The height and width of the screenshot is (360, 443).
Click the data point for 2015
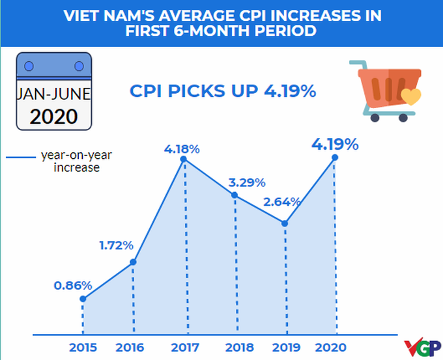point(83,299)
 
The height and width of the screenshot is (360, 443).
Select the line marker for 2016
point(133,262)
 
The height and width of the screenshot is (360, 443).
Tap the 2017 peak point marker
point(183,159)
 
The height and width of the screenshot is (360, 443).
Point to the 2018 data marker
point(235,195)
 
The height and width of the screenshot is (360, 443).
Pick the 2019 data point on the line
point(285,223)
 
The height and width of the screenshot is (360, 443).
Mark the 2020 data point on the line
point(335,157)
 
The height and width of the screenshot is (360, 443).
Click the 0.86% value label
point(74,284)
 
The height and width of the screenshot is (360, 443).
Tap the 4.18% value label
point(182,148)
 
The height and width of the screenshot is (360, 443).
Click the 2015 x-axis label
point(83,347)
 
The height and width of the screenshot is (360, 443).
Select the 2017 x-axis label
point(184,347)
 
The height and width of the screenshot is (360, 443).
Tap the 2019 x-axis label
point(285,347)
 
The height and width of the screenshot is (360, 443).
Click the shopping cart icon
point(383,91)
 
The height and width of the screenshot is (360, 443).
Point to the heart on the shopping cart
point(410,98)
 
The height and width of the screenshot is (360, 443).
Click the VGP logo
point(422,348)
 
